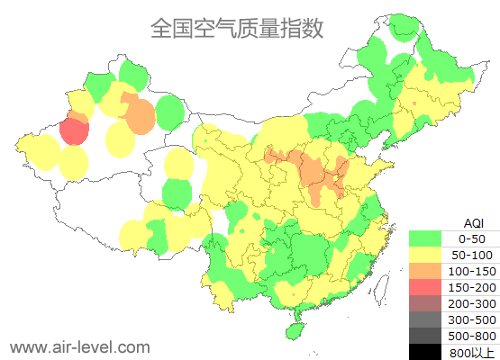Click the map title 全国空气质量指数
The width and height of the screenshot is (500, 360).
tap(236, 28)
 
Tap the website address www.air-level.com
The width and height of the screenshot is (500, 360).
tap(79, 346)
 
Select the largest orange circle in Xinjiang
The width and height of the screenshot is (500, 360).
tap(140, 116)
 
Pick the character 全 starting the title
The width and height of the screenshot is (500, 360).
tap(161, 28)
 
